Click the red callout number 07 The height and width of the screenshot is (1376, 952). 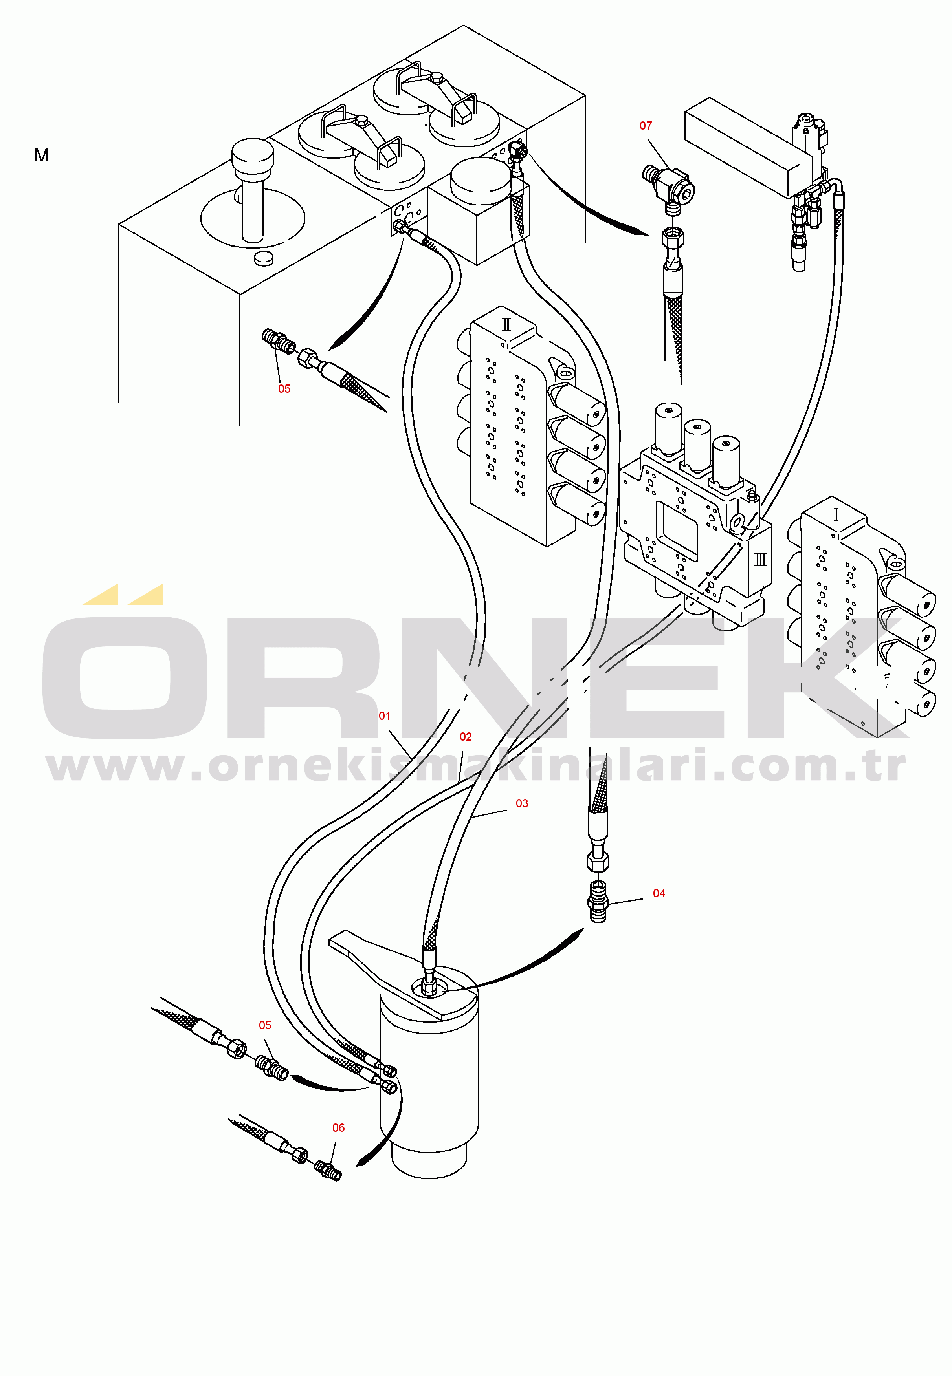pyautogui.click(x=646, y=126)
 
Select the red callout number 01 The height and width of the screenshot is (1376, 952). pyautogui.click(x=385, y=716)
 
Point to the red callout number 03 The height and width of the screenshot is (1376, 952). pyautogui.click(x=522, y=804)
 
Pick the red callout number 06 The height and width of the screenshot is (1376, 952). pyautogui.click(x=338, y=1128)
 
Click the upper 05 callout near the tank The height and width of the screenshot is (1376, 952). pyautogui.click(x=284, y=389)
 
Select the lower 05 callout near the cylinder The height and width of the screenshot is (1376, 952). pyautogui.click(x=265, y=1025)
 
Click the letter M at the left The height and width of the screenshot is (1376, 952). pyautogui.click(x=42, y=156)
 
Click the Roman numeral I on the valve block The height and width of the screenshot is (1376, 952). pyautogui.click(x=836, y=515)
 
